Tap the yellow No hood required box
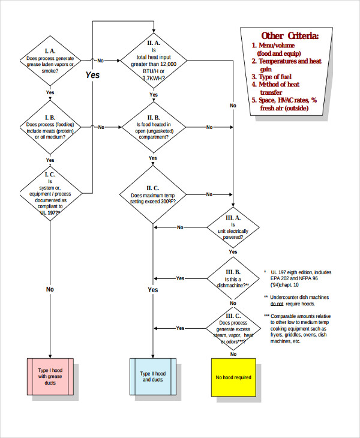(x=233, y=377)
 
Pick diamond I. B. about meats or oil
(x=50, y=127)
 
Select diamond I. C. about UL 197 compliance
(x=50, y=193)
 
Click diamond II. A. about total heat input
(x=153, y=60)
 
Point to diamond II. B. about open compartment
(x=153, y=127)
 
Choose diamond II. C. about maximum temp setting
(x=153, y=194)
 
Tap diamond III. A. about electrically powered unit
(x=233, y=227)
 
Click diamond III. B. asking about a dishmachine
(x=233, y=278)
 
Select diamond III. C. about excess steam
(x=233, y=328)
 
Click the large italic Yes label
(x=92, y=75)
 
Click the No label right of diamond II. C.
(x=209, y=194)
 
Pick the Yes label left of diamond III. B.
(x=180, y=278)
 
